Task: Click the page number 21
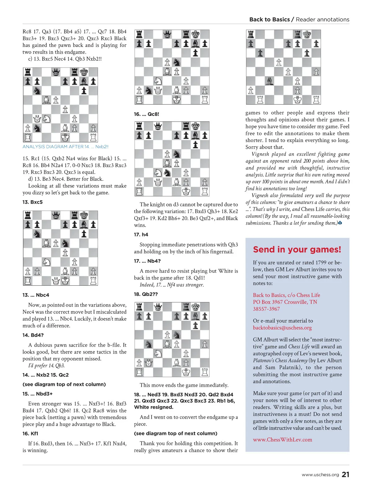coord(345,474)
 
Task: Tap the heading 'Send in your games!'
coord(297,250)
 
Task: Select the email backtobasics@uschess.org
coord(282,328)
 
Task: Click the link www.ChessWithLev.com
coord(282,440)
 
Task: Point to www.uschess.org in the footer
coord(320,475)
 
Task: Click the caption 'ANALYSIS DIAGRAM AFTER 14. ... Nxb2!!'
coord(65,147)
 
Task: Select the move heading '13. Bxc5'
coord(33,202)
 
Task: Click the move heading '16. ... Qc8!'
coord(146,114)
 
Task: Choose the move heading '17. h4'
coord(141,234)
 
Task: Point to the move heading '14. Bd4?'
coord(33,335)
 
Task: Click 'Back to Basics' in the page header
coord(269,20)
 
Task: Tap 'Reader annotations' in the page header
coord(322,20)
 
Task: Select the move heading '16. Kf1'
coord(30,434)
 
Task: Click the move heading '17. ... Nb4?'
coord(147,261)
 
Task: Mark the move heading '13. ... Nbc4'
coord(36,295)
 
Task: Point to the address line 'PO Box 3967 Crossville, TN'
coord(285,302)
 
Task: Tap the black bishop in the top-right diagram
coord(270,81)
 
